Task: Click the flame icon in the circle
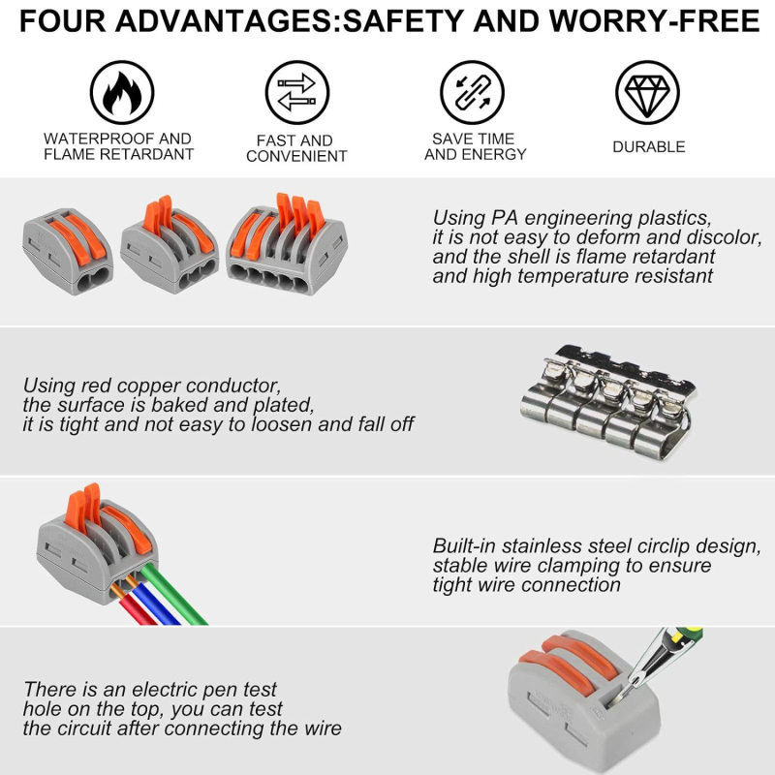122,93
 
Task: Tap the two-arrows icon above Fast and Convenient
297,92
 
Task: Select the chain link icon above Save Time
472,92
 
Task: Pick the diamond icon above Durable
647,92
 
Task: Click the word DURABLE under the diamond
649,147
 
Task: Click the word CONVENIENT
296,156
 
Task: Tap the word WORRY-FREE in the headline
655,20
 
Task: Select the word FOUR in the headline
62,20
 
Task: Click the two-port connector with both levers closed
68,251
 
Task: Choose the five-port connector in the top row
287,244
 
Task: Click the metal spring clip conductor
609,401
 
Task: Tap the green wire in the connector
174,597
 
